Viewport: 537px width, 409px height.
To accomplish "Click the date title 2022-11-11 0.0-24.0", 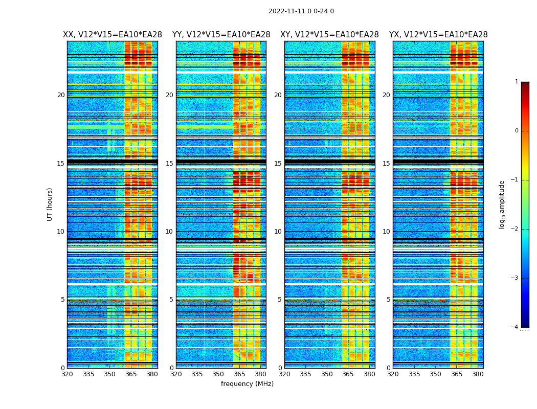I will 301,11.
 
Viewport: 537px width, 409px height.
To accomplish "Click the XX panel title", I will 112,35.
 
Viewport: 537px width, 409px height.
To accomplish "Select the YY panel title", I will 221,35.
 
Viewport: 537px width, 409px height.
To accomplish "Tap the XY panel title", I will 329,35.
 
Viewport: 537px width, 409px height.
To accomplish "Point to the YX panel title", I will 438,35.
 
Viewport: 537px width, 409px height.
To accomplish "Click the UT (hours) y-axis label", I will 50,204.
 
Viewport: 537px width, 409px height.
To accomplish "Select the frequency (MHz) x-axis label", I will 247,384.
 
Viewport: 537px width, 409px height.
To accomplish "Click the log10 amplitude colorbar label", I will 502,204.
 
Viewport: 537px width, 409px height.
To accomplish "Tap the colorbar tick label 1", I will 517,82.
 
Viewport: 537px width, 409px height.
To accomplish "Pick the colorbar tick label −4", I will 515,327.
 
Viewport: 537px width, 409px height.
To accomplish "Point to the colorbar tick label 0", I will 517,131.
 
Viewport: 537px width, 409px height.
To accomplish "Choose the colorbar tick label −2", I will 515,229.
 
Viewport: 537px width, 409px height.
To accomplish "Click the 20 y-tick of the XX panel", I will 61,95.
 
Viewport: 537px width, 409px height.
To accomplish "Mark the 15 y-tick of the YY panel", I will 169,164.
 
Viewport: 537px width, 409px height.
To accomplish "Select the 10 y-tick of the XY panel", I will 278,232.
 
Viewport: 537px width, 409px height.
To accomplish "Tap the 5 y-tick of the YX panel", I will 388,300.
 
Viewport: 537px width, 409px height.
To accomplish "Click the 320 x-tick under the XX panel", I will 67,374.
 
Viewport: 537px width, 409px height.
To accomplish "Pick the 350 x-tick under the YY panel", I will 218,374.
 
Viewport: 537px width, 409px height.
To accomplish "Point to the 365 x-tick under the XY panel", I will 348,374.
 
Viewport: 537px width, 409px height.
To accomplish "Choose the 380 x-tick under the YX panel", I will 478,374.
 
